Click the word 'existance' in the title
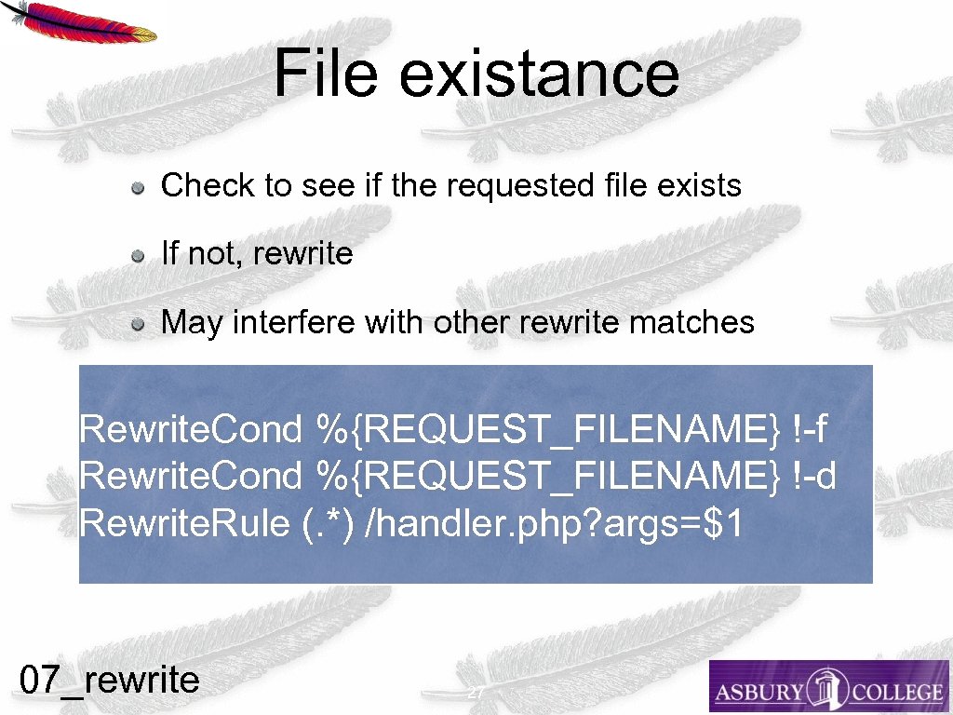(539, 74)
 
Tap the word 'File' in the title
(326, 74)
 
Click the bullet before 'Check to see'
(138, 187)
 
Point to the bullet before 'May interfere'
(138, 325)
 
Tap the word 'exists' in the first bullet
(698, 186)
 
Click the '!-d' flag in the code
(815, 477)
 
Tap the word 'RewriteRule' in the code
(185, 523)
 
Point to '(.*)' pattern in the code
(329, 523)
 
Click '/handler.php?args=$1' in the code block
(556, 523)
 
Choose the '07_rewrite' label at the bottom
(110, 680)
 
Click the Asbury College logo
(828, 687)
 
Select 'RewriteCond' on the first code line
(191, 430)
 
